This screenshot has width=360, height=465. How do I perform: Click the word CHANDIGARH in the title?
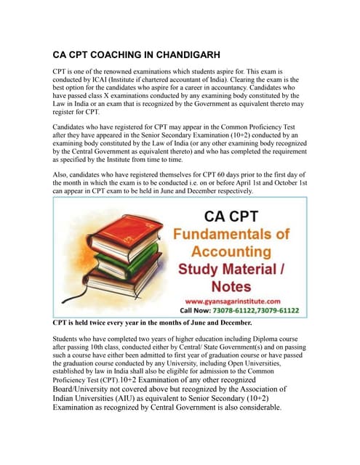click(x=172, y=54)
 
